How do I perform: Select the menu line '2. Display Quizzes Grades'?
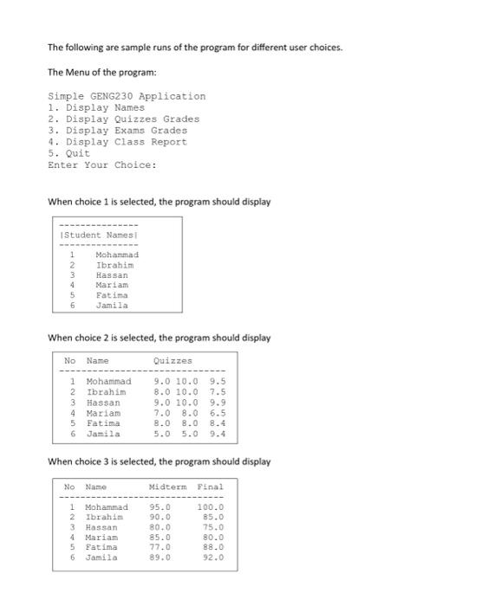tap(124, 119)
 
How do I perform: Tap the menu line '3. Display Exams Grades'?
tap(118, 130)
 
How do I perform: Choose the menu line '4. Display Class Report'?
tap(118, 141)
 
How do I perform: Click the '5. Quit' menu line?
tap(69, 152)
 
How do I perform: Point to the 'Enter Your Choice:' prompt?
tap(102, 164)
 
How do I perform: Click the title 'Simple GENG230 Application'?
tap(127, 96)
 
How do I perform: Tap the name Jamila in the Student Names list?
tap(112, 305)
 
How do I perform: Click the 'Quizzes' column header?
tap(173, 360)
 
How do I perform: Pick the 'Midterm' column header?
tap(167, 487)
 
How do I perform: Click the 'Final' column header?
tap(210, 487)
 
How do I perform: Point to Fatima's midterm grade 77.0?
tap(160, 547)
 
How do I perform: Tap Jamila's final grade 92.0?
tap(212, 558)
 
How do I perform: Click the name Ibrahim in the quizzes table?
tap(106, 392)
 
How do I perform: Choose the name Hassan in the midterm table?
tap(101, 527)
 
